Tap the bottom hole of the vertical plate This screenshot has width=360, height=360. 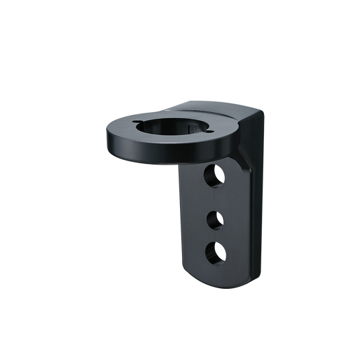click(x=215, y=251)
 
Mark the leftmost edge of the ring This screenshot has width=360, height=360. click(x=107, y=134)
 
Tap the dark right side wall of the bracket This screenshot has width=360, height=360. click(x=257, y=201)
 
